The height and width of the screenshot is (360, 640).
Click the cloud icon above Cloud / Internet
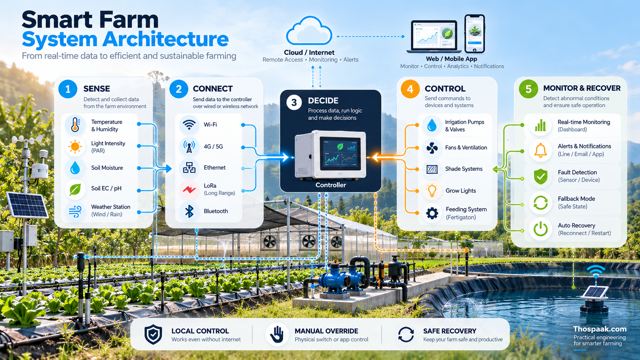pyautogui.click(x=309, y=31)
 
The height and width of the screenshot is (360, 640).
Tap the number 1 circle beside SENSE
pyautogui.click(x=68, y=89)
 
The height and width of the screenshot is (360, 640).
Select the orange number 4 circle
pyautogui.click(x=410, y=89)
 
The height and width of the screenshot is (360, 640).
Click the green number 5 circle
pyautogui.click(x=528, y=89)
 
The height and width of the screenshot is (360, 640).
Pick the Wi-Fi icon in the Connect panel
pyautogui.click(x=189, y=125)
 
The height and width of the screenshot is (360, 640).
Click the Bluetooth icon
pyautogui.click(x=189, y=211)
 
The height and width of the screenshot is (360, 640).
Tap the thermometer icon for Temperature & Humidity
pyautogui.click(x=75, y=124)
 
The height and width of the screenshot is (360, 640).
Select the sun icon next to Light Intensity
pyautogui.click(x=75, y=147)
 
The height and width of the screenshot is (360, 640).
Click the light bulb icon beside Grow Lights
pyautogui.click(x=432, y=191)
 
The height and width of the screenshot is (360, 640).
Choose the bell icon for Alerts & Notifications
pyautogui.click(x=540, y=150)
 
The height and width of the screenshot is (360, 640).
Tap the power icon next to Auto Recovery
pyautogui.click(x=540, y=229)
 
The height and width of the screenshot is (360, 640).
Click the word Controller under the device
pyautogui.click(x=331, y=185)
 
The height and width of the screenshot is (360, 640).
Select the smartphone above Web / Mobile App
pyautogui.click(x=475, y=34)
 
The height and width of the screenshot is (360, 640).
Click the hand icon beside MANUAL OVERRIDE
pyautogui.click(x=277, y=334)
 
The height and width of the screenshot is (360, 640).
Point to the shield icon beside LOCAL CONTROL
pyautogui.click(x=153, y=334)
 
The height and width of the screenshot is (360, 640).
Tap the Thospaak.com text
pyautogui.click(x=600, y=329)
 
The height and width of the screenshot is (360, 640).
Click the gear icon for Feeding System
pyautogui.click(x=432, y=213)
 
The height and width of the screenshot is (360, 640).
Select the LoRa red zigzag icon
pyautogui.click(x=189, y=189)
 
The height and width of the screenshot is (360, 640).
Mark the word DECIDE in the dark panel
pyautogui.click(x=323, y=101)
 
